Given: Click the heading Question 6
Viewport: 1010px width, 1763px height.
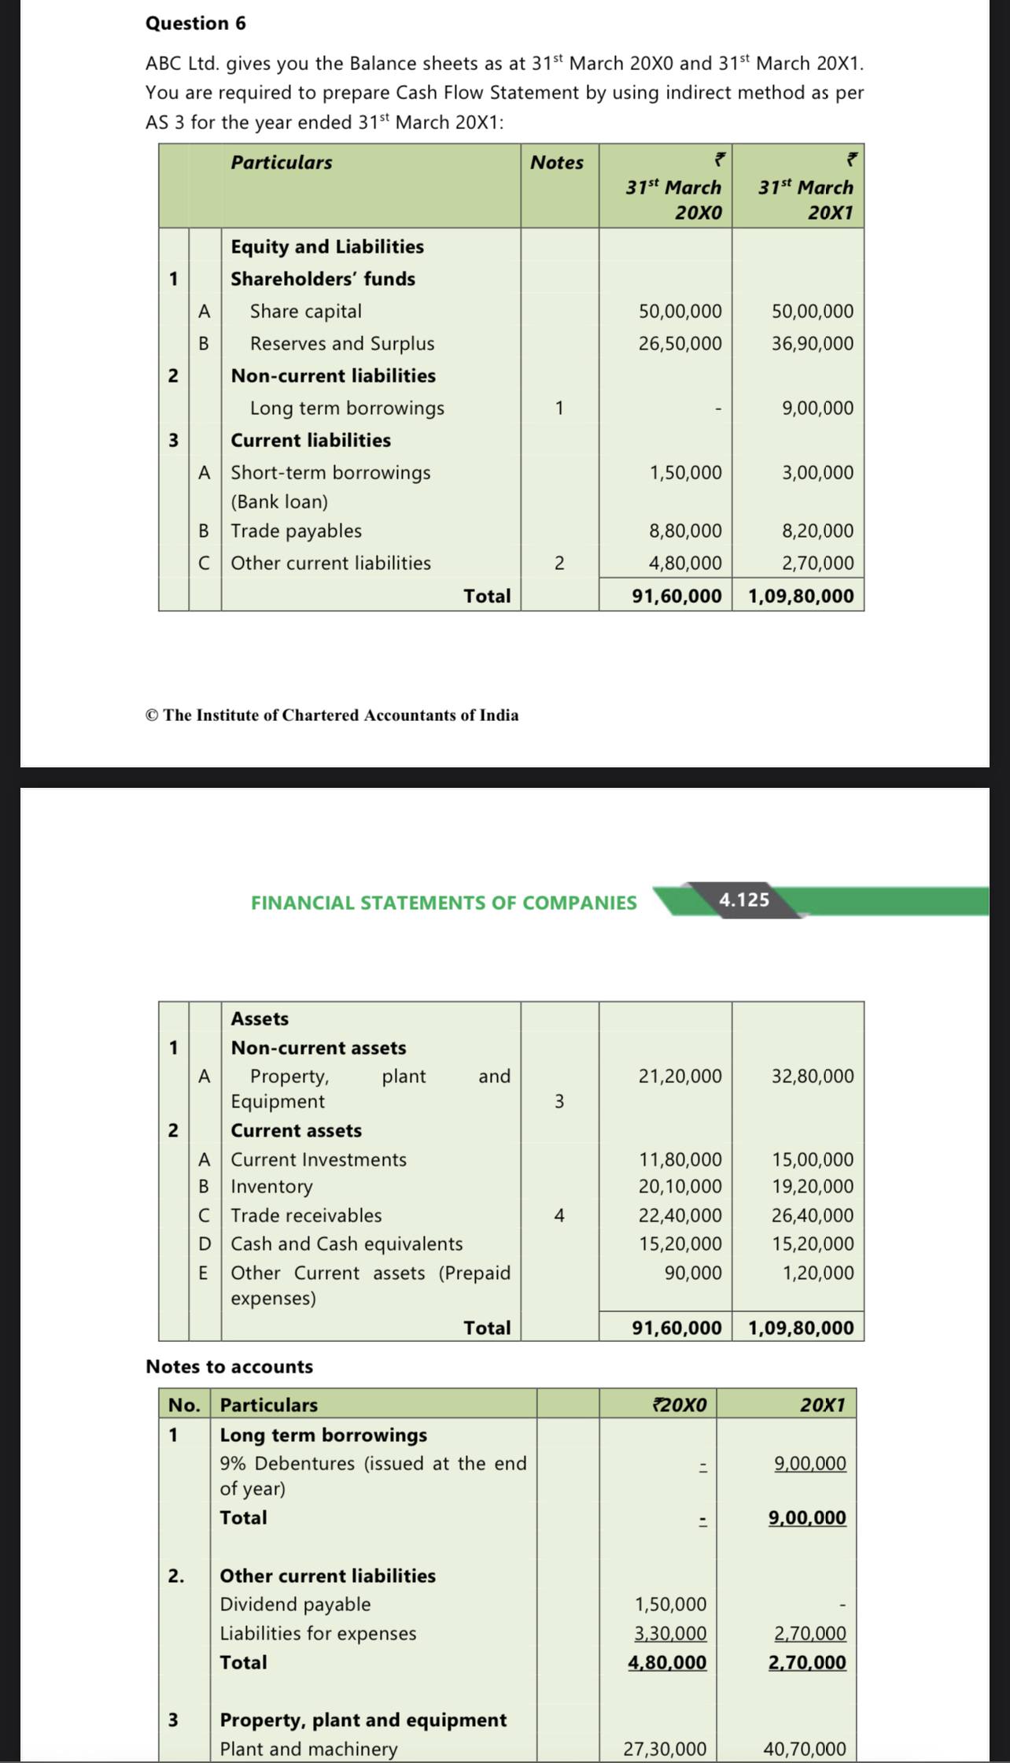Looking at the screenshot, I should [195, 24].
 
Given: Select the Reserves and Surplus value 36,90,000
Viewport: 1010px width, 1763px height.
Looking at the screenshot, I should [812, 344].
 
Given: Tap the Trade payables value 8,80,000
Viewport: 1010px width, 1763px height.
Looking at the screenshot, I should [685, 531].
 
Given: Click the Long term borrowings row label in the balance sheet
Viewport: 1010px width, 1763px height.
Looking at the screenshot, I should [347, 408].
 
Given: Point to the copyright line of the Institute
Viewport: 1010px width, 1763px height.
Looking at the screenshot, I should [332, 715].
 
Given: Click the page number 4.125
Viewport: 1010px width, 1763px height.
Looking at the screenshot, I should [744, 900].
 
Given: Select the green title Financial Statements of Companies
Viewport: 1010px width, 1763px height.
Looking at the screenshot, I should [444, 903].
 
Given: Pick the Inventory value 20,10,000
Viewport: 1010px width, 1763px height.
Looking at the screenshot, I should [680, 1187].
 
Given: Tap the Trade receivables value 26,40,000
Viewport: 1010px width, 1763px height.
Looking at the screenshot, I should [812, 1216].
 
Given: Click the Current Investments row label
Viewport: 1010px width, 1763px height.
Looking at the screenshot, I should [319, 1160].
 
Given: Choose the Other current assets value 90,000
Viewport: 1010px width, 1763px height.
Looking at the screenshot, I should [693, 1273].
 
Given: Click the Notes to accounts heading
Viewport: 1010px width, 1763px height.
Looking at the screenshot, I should [230, 1366].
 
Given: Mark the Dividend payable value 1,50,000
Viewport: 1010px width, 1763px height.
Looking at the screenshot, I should [670, 1604].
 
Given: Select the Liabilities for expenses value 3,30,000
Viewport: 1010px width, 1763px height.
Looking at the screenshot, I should [670, 1633].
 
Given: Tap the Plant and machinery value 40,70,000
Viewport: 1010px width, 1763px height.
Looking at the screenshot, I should [805, 1749].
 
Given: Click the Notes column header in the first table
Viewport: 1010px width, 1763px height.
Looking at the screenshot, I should [557, 163].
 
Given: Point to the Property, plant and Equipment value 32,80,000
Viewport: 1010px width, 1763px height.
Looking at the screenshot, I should [812, 1077].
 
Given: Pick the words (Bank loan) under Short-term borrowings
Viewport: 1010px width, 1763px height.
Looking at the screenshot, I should [279, 502].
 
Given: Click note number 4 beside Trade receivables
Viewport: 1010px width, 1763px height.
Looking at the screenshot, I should [559, 1216].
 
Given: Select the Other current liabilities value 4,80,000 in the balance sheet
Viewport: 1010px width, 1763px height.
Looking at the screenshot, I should [685, 564].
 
